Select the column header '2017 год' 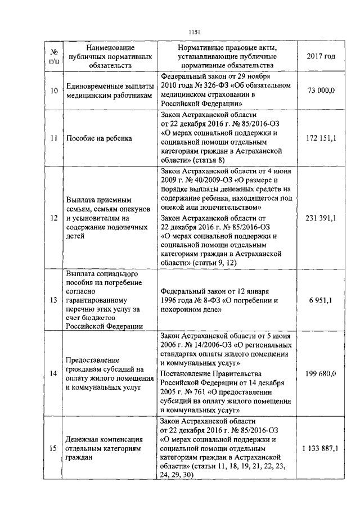322,56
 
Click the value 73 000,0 322,90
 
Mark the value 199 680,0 322,373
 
